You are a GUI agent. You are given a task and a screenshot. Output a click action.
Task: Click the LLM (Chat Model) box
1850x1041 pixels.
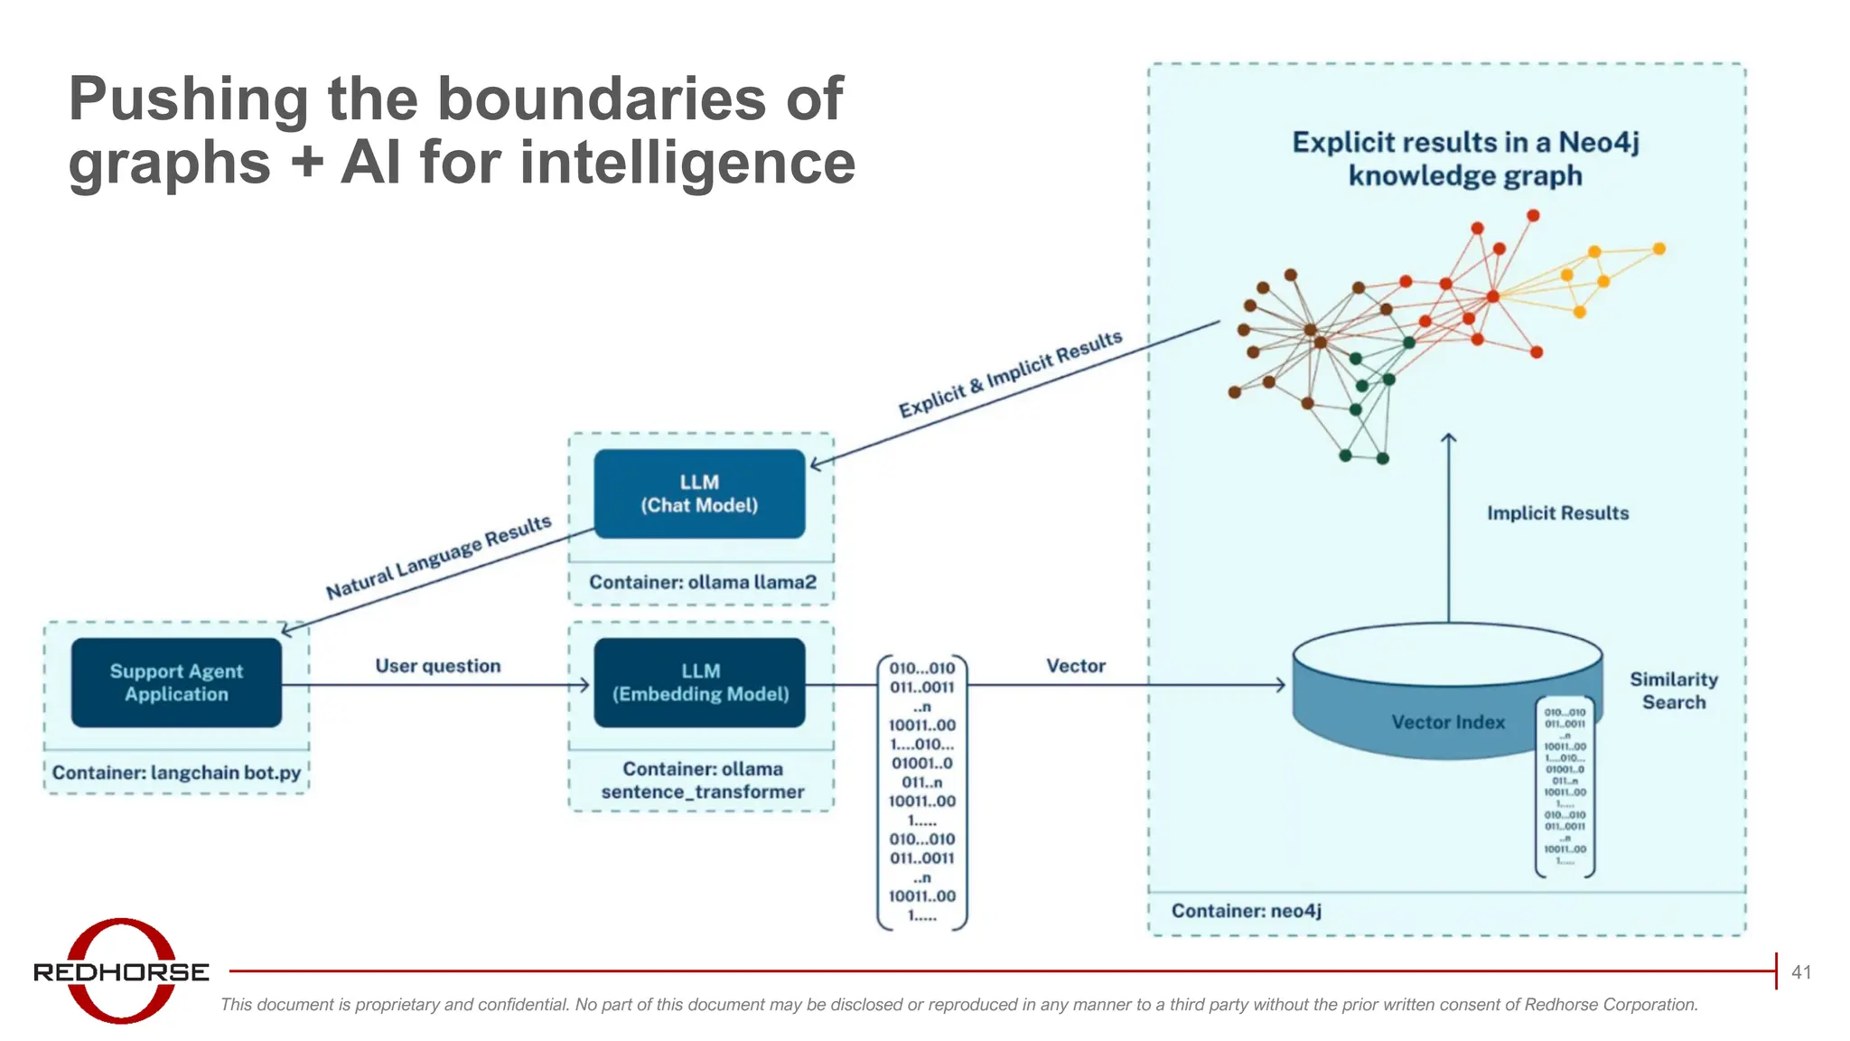(x=699, y=493)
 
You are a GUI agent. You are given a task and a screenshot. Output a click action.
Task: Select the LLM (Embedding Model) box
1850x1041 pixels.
(x=699, y=682)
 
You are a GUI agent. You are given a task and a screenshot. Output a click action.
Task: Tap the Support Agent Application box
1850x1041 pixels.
(x=176, y=682)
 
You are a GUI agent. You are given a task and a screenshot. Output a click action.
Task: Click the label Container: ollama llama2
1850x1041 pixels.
(x=702, y=582)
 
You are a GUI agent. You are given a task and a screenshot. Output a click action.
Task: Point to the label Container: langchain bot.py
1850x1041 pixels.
(x=176, y=773)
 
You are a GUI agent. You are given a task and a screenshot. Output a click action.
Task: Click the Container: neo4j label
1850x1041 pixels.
(x=1246, y=910)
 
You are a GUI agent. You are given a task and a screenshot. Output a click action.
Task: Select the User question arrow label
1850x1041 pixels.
(x=437, y=666)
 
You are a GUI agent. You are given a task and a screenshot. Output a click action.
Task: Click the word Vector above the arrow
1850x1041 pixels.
(x=1075, y=666)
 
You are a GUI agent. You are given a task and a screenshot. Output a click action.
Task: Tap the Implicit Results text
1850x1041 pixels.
(x=1557, y=513)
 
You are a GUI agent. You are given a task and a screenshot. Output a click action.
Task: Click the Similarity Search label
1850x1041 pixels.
(x=1673, y=690)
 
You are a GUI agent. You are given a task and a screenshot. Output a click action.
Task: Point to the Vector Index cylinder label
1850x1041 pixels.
(x=1447, y=722)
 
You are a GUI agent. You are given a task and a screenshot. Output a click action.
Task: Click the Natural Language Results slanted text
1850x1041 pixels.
(x=438, y=558)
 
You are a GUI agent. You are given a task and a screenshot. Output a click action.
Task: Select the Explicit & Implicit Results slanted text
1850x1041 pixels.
(x=1010, y=374)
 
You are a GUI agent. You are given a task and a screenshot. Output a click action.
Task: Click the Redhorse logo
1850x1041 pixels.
(x=121, y=971)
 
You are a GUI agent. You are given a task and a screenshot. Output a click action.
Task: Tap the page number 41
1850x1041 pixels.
(x=1800, y=972)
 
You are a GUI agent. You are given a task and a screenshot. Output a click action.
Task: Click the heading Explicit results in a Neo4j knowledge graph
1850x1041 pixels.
(x=1464, y=158)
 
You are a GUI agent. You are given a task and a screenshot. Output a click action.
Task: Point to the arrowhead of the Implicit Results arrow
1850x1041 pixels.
(x=1448, y=438)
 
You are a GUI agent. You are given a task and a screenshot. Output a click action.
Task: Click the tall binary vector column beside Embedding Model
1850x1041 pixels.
(x=921, y=792)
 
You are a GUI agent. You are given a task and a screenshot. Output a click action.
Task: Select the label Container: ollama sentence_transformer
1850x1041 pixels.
(x=702, y=780)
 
